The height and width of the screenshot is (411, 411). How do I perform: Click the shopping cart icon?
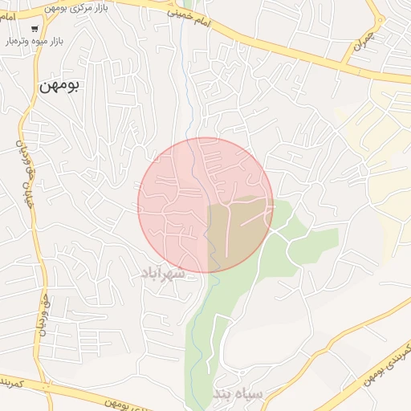click(x=34, y=28)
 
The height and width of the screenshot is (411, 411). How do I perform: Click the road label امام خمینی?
click(x=190, y=20)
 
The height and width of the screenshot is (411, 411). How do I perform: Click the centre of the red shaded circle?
click(x=205, y=205)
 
